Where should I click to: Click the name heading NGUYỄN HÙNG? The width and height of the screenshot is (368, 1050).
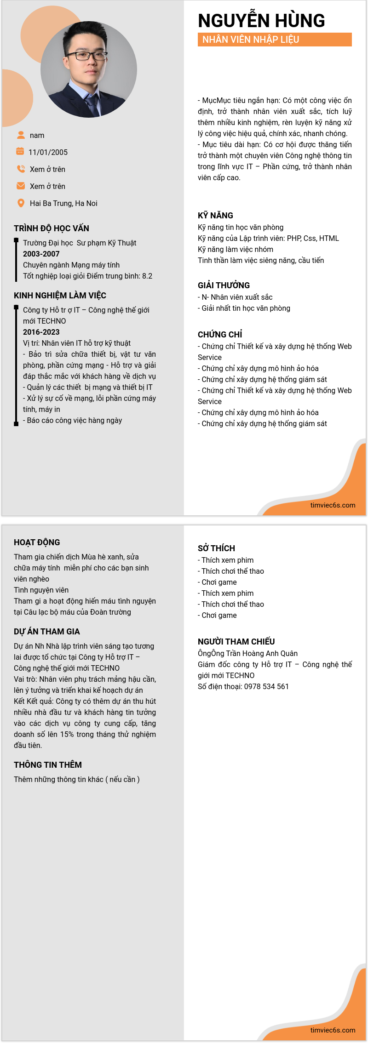click(x=261, y=21)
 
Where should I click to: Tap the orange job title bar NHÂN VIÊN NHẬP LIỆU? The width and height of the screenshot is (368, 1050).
click(x=275, y=40)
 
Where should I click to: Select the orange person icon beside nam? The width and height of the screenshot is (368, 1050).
click(x=21, y=135)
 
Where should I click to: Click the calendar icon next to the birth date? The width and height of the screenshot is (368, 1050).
click(x=20, y=151)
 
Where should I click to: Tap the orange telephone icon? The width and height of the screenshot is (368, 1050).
click(x=21, y=169)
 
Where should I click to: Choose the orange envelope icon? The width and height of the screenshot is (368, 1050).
click(x=21, y=186)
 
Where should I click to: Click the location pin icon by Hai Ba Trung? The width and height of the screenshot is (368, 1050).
click(x=21, y=203)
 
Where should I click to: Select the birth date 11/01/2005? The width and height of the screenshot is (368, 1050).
click(x=48, y=152)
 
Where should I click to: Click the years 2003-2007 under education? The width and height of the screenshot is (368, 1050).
click(x=41, y=254)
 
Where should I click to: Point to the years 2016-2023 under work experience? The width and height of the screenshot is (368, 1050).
click(x=41, y=332)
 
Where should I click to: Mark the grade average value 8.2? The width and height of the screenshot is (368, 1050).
click(x=147, y=276)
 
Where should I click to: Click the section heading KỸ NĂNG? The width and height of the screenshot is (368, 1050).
click(x=215, y=215)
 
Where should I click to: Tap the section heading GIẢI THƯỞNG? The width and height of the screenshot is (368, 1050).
click(x=224, y=285)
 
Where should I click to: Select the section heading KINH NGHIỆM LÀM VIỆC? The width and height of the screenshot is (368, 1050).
click(x=60, y=295)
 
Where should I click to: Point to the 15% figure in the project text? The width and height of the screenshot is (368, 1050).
click(x=67, y=734)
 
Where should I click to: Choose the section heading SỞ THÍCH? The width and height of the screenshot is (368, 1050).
click(x=216, y=548)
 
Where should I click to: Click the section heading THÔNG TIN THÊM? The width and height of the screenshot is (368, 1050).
click(x=48, y=765)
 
